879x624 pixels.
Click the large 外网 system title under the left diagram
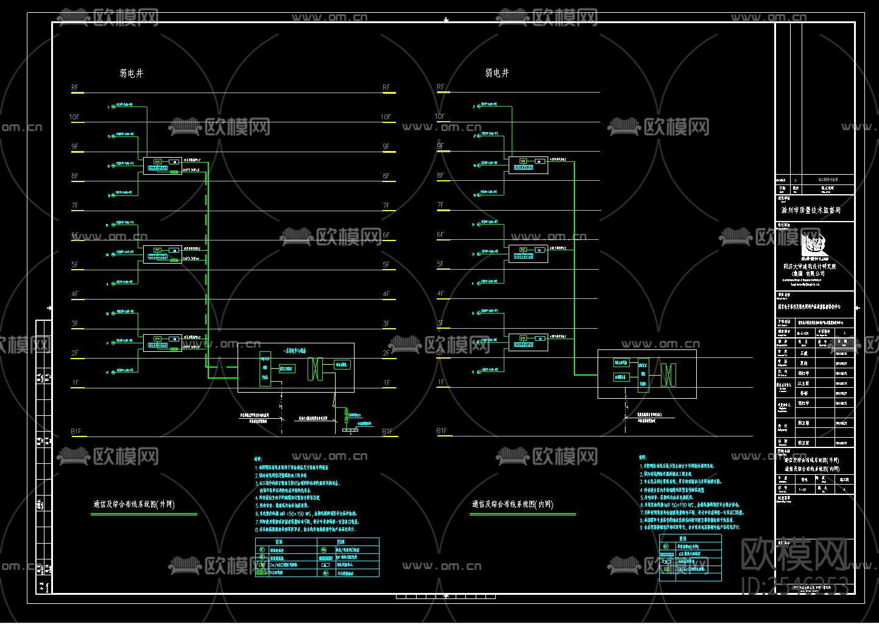tap(134, 504)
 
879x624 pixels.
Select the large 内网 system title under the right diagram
tap(512, 504)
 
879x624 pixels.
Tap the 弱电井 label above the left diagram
tap(131, 74)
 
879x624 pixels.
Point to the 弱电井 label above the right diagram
tap(496, 73)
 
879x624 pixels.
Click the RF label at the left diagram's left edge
tap(75, 88)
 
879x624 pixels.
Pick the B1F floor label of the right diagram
tap(441, 431)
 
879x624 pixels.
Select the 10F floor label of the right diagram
tap(440, 116)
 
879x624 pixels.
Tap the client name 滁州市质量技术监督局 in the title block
tap(811, 210)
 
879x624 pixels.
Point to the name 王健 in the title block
tap(804, 353)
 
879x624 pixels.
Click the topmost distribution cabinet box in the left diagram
tap(163, 165)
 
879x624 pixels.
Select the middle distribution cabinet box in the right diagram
tap(528, 253)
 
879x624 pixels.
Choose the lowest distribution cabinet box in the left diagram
tap(163, 342)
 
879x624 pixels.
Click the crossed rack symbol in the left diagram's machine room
tap(314, 368)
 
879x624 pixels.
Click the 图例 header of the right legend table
tap(682, 539)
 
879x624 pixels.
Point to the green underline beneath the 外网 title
tap(144, 514)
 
